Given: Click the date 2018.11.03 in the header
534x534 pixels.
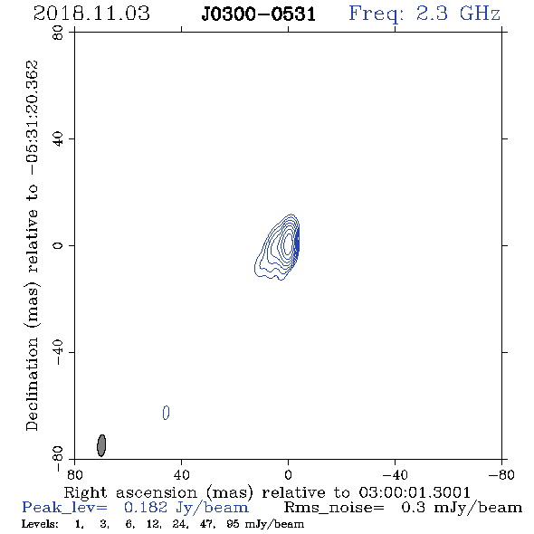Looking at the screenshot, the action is tap(91, 14).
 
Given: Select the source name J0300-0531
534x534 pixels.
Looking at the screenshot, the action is tap(259, 14).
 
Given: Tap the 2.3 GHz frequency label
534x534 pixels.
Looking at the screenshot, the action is tap(458, 14).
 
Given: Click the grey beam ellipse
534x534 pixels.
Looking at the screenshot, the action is tap(101, 445).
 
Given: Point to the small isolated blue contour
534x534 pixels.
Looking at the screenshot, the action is tap(166, 413).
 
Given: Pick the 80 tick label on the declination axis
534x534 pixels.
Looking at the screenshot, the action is tap(58, 33).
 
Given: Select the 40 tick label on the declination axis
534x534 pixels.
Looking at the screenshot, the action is tap(58, 139).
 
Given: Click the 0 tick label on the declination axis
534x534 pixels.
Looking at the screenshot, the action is tap(58, 245).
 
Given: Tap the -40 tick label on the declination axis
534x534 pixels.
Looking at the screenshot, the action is tap(58, 352).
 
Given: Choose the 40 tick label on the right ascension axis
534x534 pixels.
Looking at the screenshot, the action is tap(181, 475).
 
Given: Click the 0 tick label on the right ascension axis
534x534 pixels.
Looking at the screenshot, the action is tap(288, 475).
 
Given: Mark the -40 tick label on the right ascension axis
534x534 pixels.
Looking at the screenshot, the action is tap(395, 475).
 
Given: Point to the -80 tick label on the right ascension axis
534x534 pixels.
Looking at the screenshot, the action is tap(501, 475).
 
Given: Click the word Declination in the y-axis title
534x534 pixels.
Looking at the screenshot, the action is tap(32, 384).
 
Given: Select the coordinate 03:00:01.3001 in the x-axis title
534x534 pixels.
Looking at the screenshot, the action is tap(415, 492).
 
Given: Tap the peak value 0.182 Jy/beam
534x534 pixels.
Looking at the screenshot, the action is tap(186, 508).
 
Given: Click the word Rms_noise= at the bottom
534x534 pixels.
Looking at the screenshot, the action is tap(334, 508).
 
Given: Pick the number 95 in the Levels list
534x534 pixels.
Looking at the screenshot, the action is tap(233, 524).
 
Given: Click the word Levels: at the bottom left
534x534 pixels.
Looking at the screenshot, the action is tap(40, 524).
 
